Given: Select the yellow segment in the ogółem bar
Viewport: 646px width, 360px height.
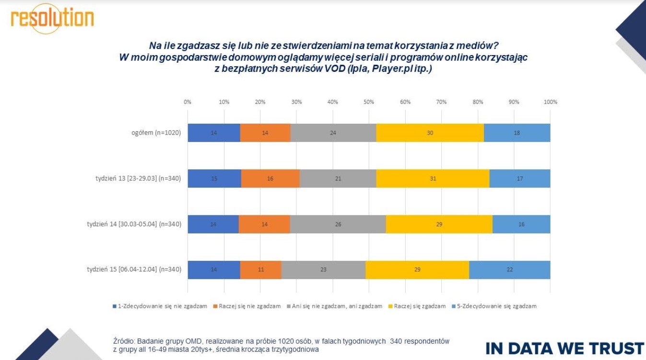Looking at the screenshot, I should coord(430,133).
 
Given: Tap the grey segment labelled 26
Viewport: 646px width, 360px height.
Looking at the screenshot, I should coord(338,224).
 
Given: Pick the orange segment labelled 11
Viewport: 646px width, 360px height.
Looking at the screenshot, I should coord(260,270).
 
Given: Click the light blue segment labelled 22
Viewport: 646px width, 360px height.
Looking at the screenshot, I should coord(509,270).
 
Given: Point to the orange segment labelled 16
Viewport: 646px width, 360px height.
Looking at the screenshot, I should coord(270,178).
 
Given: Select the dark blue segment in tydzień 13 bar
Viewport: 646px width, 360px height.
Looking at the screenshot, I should coord(214,178).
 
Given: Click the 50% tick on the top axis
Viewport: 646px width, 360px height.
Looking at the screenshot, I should coord(369,102).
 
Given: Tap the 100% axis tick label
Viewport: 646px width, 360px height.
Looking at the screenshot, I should coord(550,102).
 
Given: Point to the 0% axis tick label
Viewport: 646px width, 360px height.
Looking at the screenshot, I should coord(188,102).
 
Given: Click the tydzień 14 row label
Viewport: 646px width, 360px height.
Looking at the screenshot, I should coord(134,224).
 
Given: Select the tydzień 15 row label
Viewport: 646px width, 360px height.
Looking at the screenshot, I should coord(134,269).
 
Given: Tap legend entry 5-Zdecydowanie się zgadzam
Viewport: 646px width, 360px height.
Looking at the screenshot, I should coord(496,306).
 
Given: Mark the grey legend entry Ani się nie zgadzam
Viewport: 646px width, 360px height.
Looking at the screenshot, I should coord(336,306).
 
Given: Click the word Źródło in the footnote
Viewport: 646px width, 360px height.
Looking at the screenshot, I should coord(121,341).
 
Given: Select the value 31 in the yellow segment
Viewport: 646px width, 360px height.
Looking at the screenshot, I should coord(432,178).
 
